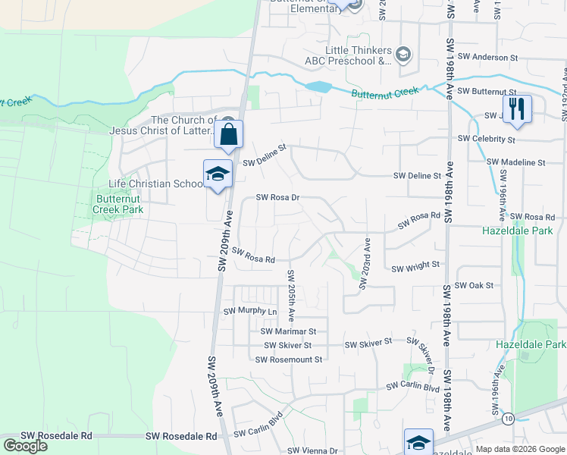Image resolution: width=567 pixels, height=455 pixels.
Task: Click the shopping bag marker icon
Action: point(229,135)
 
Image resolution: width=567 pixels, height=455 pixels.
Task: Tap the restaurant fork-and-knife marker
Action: point(517,108)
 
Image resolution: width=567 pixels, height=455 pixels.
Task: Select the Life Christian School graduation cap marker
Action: point(218,174)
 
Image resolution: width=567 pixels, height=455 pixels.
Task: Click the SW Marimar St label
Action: point(288,331)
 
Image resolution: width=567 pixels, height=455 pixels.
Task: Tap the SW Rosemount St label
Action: point(291,359)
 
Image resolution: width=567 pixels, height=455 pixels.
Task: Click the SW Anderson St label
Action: point(487,57)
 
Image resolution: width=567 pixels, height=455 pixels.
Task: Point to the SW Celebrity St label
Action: point(487,140)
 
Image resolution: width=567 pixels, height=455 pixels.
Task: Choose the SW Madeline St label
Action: point(515,162)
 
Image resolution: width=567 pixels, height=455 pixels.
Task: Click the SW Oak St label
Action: point(474,285)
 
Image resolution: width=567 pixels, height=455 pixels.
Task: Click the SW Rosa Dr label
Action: point(278,197)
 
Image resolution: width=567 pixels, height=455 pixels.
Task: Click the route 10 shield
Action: point(507,419)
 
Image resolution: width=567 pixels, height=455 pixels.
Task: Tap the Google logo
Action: point(26,446)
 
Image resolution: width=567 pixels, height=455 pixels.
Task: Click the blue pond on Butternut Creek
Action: point(319,86)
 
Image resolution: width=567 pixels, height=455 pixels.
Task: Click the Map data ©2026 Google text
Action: point(520,450)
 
